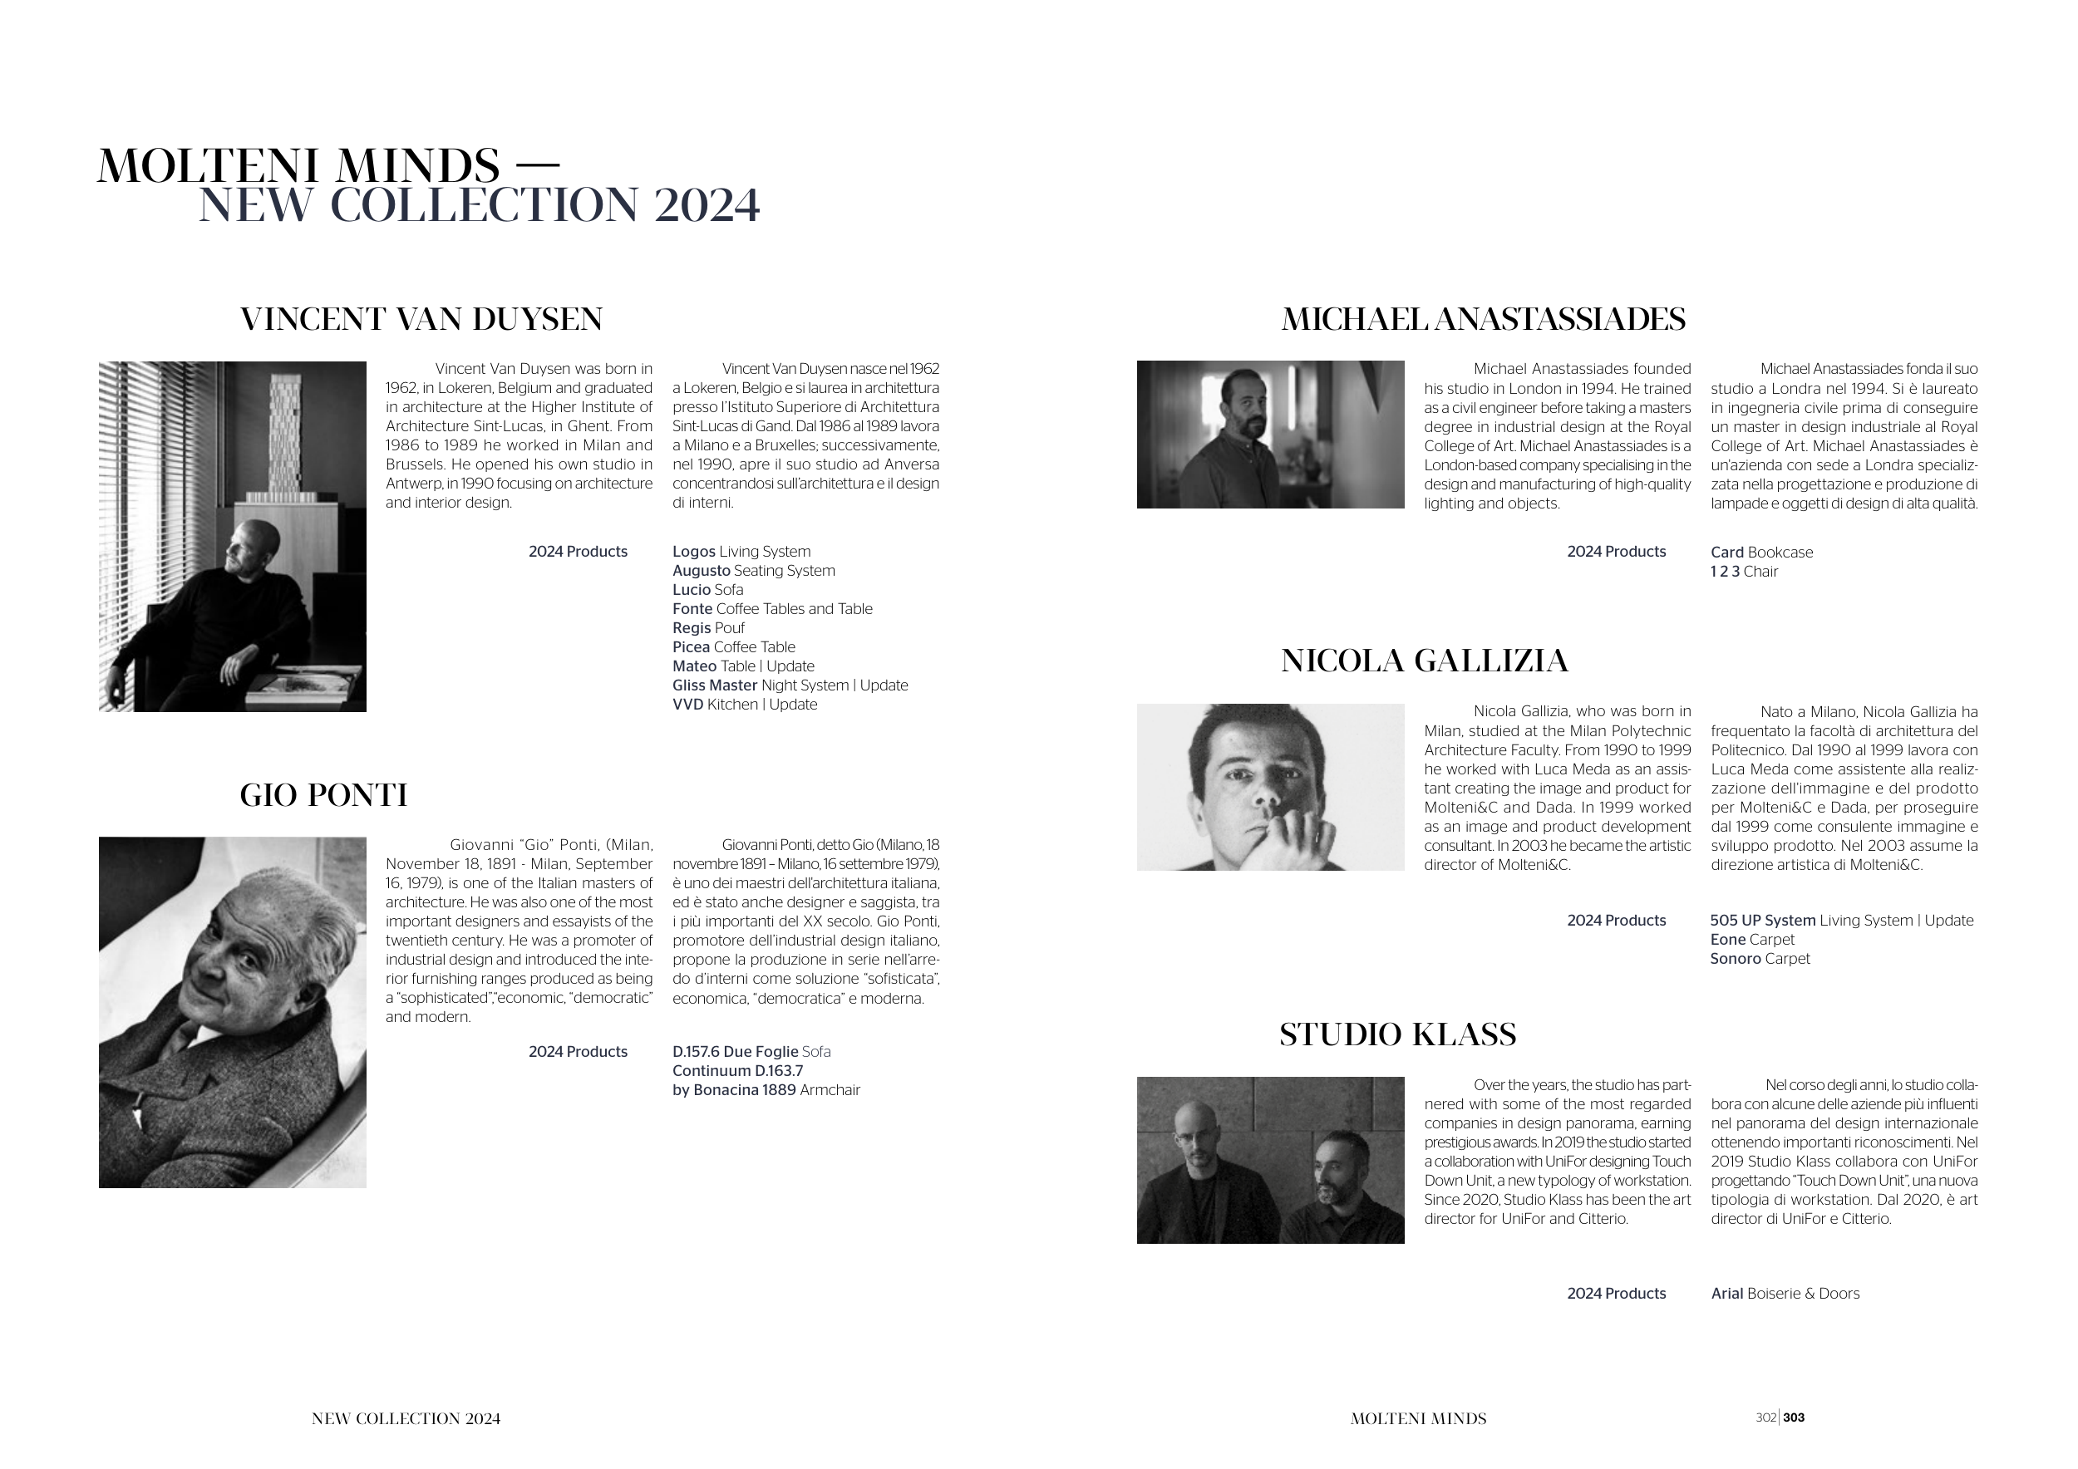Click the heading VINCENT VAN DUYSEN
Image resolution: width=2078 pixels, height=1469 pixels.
(421, 319)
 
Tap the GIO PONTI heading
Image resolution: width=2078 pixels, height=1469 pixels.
(323, 795)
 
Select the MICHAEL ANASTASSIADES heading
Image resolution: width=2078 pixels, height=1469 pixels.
(1483, 319)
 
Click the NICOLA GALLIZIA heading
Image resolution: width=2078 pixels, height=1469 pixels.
(1424, 661)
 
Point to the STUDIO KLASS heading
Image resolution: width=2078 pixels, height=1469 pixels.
(1397, 1034)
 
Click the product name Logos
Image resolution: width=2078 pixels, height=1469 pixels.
(694, 552)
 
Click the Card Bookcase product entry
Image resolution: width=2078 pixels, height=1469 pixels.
(1761, 553)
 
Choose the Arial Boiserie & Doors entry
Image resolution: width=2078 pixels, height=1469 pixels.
(1785, 1295)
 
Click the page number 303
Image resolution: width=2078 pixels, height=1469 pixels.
(1794, 1418)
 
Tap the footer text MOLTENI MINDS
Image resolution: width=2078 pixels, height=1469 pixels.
(1418, 1419)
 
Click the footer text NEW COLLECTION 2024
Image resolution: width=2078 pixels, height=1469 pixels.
(406, 1419)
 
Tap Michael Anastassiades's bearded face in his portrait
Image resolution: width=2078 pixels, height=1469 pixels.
(1243, 407)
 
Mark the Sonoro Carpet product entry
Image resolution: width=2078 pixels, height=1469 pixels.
(1760, 959)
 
